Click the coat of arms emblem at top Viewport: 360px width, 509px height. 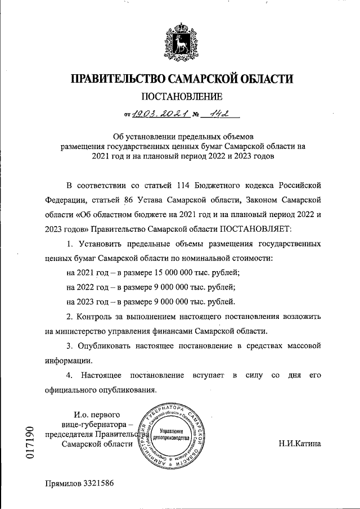pos(180,40)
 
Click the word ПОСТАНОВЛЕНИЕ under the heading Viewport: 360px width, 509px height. pos(180,96)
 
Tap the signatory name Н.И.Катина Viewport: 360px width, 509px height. pos(300,444)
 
